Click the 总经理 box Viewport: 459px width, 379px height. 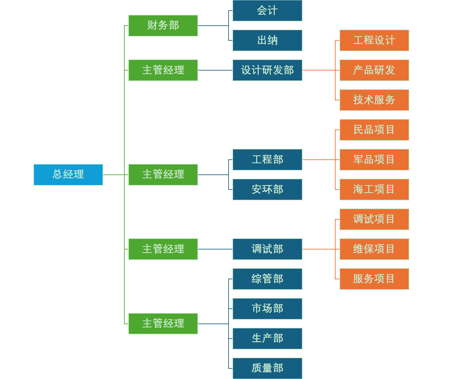click(x=68, y=175)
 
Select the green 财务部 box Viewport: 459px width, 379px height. click(x=163, y=26)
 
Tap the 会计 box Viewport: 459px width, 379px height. click(x=267, y=11)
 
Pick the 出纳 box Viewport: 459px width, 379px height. click(x=267, y=40)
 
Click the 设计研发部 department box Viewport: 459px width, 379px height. click(x=267, y=70)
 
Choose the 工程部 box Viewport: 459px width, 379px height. click(x=267, y=160)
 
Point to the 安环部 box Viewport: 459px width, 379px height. click(x=267, y=189)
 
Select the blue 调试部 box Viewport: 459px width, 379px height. click(x=267, y=249)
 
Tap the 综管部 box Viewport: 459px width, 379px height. click(x=267, y=279)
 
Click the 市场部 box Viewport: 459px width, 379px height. click(x=267, y=309)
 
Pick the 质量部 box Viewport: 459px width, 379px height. click(x=267, y=368)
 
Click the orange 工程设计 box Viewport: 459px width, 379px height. click(x=374, y=40)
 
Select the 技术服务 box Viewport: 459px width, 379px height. click(x=374, y=100)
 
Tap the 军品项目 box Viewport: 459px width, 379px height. click(x=374, y=160)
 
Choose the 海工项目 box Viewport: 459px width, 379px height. click(x=374, y=189)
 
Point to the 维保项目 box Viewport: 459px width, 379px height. click(x=374, y=249)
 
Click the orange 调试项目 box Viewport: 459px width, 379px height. click(x=374, y=219)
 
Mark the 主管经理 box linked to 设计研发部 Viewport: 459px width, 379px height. click(x=163, y=70)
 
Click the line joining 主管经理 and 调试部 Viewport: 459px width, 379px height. click(x=215, y=249)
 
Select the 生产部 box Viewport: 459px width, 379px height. click(x=267, y=339)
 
